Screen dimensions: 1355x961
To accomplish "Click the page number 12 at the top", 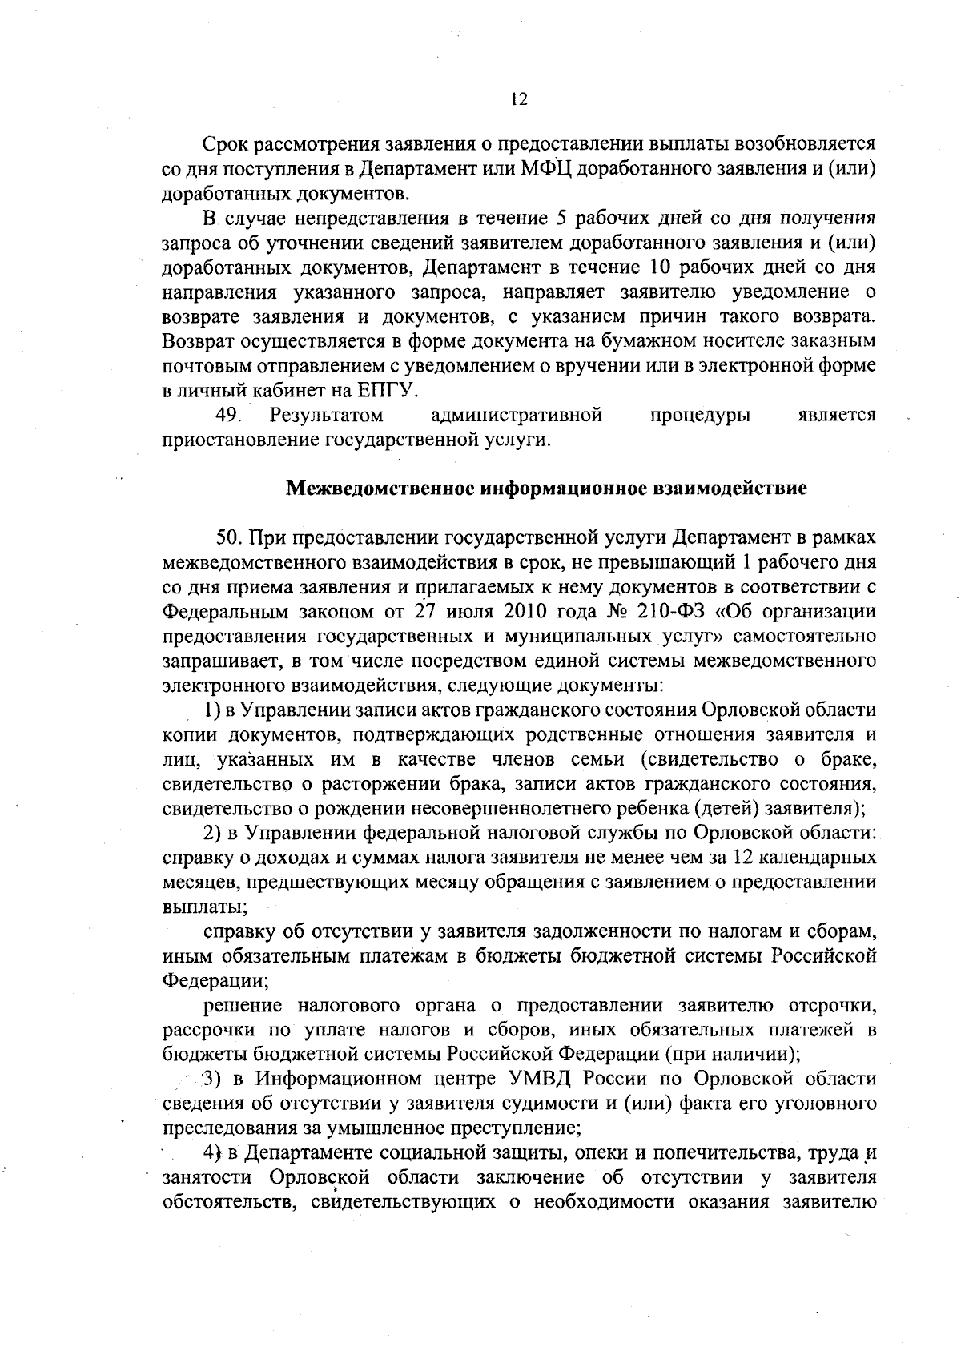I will point(518,99).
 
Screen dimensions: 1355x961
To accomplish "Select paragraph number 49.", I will point(229,416).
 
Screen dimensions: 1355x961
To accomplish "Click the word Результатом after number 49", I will point(326,416).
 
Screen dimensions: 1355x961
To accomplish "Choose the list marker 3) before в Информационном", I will point(212,1079).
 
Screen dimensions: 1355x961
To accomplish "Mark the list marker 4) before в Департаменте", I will point(212,1153).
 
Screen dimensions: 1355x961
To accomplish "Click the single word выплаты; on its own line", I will point(204,907).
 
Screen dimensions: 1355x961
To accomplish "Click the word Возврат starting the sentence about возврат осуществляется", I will point(198,342).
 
